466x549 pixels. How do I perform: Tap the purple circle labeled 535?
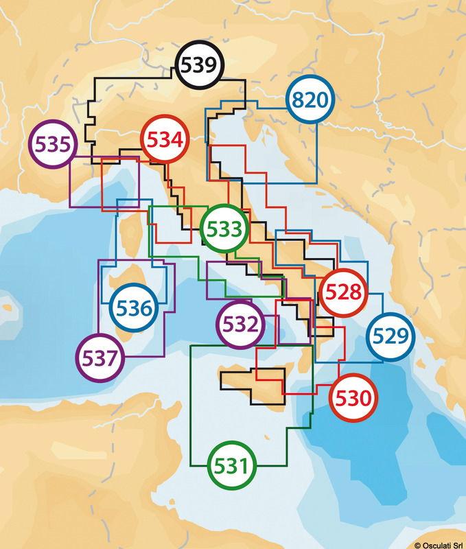[x=52, y=145]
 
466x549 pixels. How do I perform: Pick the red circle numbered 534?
[x=165, y=141]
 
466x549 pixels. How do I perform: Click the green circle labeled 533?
[x=224, y=229]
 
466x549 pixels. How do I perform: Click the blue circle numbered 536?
[x=134, y=308]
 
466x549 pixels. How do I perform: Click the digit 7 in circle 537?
[x=115, y=356]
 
